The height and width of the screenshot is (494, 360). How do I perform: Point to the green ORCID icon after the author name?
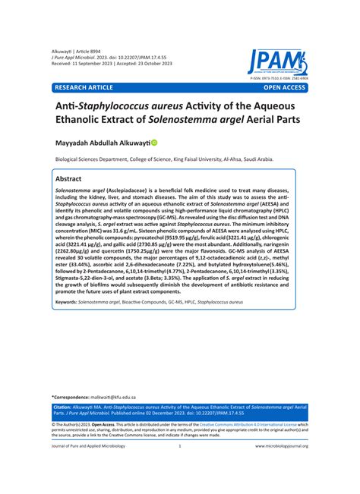[176, 142]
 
